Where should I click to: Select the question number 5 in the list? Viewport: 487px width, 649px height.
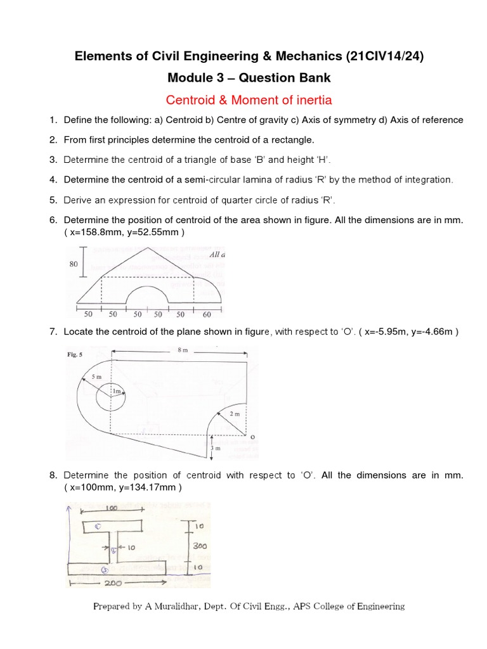point(53,200)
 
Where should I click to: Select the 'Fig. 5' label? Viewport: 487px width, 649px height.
point(75,355)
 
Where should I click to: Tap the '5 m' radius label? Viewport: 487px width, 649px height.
point(96,377)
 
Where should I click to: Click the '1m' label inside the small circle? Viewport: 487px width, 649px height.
point(116,392)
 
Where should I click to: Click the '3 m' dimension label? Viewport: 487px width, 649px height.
point(214,448)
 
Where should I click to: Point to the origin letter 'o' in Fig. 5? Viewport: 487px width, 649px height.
point(252,437)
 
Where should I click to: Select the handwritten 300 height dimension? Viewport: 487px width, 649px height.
point(200,545)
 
